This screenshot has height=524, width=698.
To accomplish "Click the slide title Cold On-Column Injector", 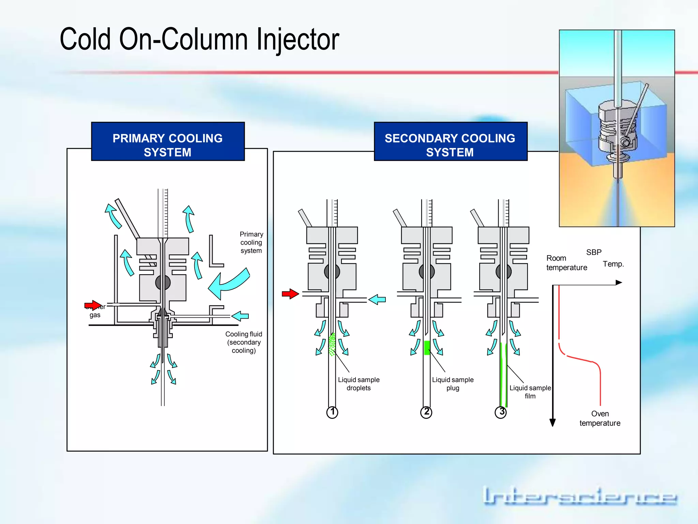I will tap(199, 40).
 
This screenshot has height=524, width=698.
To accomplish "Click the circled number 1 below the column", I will tap(332, 412).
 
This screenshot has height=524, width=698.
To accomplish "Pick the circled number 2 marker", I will tap(426, 412).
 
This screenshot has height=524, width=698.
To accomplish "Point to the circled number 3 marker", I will tap(501, 412).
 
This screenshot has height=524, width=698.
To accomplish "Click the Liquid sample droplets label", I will tap(359, 384).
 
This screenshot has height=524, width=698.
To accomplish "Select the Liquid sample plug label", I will tap(453, 384).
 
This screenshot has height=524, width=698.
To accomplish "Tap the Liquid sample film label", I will tap(530, 392).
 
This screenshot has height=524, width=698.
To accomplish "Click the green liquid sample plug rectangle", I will tap(427, 348).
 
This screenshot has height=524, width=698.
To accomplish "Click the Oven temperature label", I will tap(600, 419).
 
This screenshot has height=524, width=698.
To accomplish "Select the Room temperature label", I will tap(566, 263).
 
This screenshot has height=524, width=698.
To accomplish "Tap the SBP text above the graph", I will tap(594, 252).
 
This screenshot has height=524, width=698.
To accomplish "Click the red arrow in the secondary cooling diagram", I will tap(290, 294).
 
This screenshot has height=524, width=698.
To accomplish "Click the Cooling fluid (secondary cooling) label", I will tap(244, 342).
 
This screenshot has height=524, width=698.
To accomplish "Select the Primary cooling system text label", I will tap(251, 243).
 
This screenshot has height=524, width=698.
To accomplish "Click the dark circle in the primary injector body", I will tap(163, 282).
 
